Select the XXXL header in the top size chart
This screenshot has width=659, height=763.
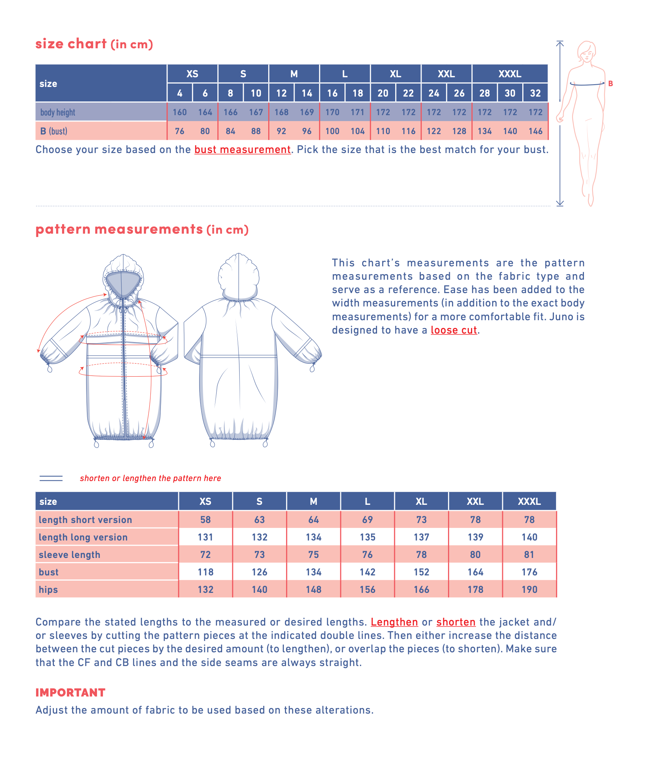click(510, 74)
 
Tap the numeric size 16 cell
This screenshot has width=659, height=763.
click(332, 93)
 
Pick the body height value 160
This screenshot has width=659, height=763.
click(180, 112)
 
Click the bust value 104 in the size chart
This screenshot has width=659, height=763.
click(357, 131)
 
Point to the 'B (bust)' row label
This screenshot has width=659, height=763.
click(54, 131)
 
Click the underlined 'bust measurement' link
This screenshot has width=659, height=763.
click(242, 149)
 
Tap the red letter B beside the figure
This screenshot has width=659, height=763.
click(610, 84)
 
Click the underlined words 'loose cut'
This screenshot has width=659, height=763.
click(454, 330)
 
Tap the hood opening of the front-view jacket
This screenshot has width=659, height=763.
click(123, 283)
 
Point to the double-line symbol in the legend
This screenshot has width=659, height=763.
click(51, 478)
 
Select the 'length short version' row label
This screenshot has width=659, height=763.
click(85, 520)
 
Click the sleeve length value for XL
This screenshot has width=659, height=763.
click(421, 555)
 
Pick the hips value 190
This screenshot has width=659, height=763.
click(529, 590)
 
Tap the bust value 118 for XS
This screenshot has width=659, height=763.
click(205, 572)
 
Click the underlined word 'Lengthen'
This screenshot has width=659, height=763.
click(394, 622)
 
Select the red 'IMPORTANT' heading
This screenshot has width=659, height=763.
click(70, 692)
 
